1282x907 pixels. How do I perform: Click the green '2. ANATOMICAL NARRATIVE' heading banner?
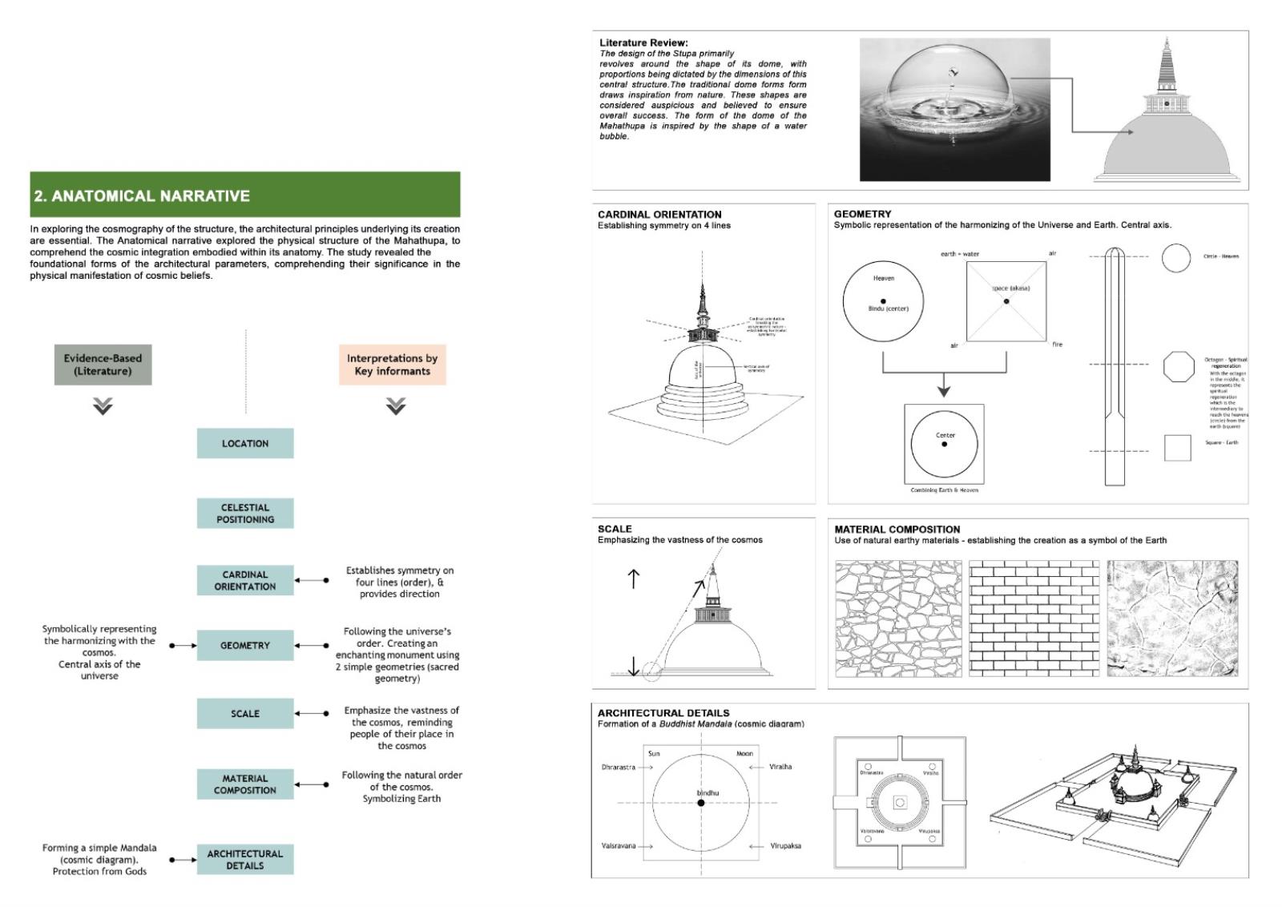[244, 195]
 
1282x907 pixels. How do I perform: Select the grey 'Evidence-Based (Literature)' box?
[103, 365]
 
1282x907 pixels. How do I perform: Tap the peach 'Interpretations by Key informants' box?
[393, 365]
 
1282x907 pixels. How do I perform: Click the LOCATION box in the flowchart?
[245, 443]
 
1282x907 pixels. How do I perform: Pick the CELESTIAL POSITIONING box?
[245, 514]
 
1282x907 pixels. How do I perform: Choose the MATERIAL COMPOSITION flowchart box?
[245, 784]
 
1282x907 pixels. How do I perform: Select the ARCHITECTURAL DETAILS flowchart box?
[245, 860]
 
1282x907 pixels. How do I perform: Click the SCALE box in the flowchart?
[245, 713]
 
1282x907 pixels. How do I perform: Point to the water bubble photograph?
[954, 109]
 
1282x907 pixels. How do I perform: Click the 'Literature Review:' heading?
[643, 42]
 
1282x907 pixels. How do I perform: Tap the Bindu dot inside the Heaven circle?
[883, 301]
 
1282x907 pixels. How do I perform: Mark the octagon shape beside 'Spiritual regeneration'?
[1178, 366]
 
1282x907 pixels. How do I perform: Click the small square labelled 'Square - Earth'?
[1177, 448]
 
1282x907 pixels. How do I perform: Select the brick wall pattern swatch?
[1034, 619]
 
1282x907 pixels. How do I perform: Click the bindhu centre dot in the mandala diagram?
[701, 803]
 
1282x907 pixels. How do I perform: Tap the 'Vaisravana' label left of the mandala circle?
[619, 846]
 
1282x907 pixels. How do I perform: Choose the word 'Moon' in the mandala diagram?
[744, 754]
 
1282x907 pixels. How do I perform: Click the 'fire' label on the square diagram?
[1058, 345]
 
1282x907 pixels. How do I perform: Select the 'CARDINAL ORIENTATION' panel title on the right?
[659, 215]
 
